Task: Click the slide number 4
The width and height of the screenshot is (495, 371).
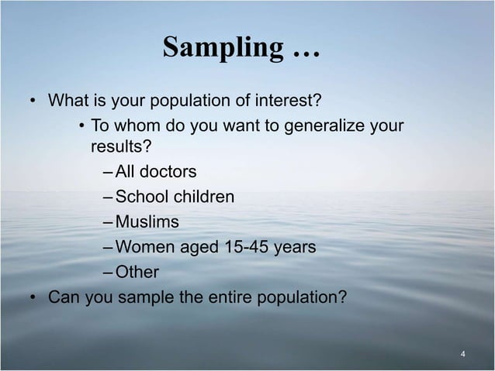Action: click(x=462, y=356)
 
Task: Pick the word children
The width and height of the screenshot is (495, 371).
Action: click(x=203, y=197)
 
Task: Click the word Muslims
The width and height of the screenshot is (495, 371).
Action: click(x=147, y=222)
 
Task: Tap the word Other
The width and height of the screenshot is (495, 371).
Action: click(x=137, y=273)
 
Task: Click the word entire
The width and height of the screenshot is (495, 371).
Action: click(x=234, y=297)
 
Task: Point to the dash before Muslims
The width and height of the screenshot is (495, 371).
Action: click(x=107, y=223)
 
